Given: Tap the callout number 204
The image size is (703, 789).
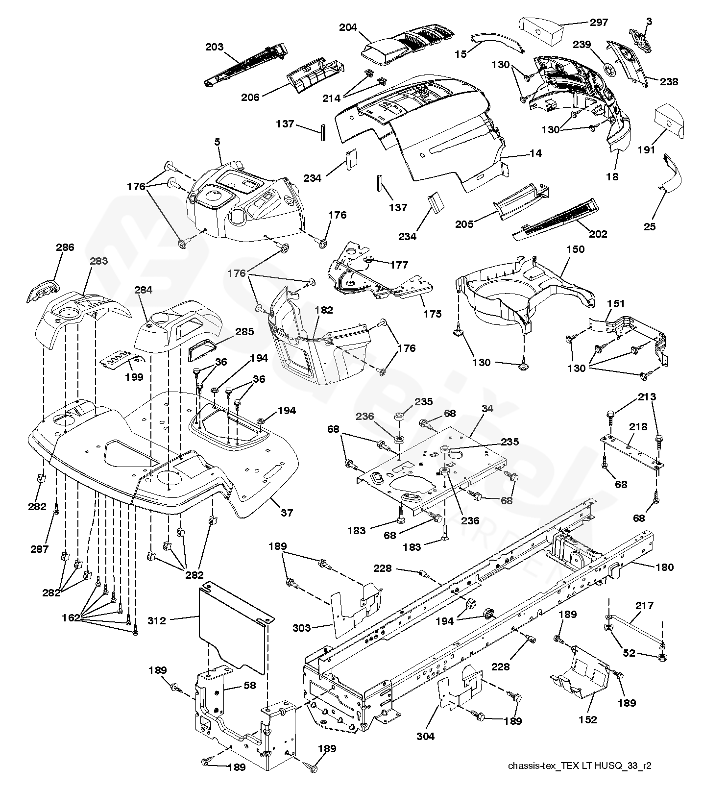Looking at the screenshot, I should pyautogui.click(x=348, y=28).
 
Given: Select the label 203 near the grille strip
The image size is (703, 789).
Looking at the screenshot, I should pyautogui.click(x=215, y=48).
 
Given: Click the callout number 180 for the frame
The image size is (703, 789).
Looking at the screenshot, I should pyautogui.click(x=664, y=567).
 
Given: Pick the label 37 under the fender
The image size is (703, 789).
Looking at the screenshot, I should pyautogui.click(x=287, y=513).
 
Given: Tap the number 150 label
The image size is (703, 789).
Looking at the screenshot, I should pyautogui.click(x=575, y=249).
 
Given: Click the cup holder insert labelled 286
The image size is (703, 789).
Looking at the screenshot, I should pyautogui.click(x=41, y=291).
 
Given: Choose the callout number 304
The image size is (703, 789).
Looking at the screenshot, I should pyautogui.click(x=425, y=736).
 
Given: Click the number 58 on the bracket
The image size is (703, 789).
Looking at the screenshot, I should pyautogui.click(x=250, y=685).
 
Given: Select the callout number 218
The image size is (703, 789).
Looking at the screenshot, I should pyautogui.click(x=638, y=427).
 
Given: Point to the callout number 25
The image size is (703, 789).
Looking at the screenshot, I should pyautogui.click(x=650, y=227).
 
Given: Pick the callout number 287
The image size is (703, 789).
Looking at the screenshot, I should pyautogui.click(x=39, y=549).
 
